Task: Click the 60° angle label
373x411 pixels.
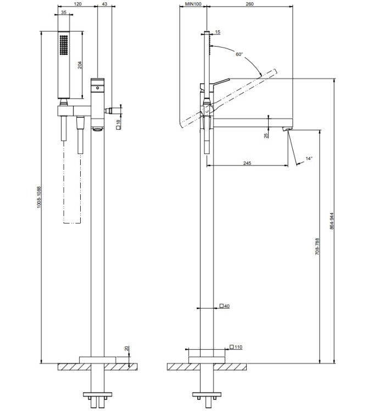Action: (x=239, y=54)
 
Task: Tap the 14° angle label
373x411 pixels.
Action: (x=309, y=158)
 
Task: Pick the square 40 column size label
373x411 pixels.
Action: (x=224, y=306)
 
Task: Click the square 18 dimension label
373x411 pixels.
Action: (x=119, y=124)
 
